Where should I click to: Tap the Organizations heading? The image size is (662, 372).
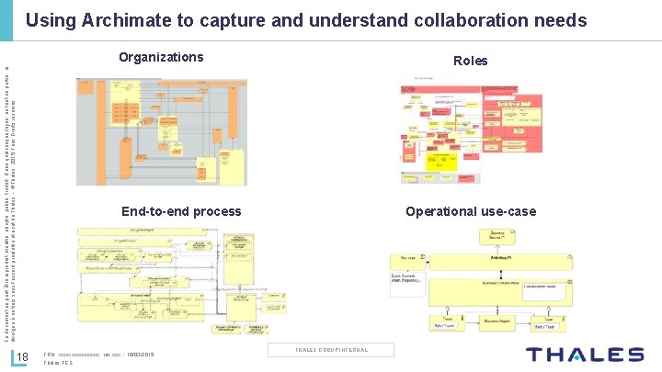161,57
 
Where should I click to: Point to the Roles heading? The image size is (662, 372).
470,61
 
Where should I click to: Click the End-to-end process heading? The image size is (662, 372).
181,211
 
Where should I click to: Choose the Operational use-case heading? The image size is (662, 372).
471,211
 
